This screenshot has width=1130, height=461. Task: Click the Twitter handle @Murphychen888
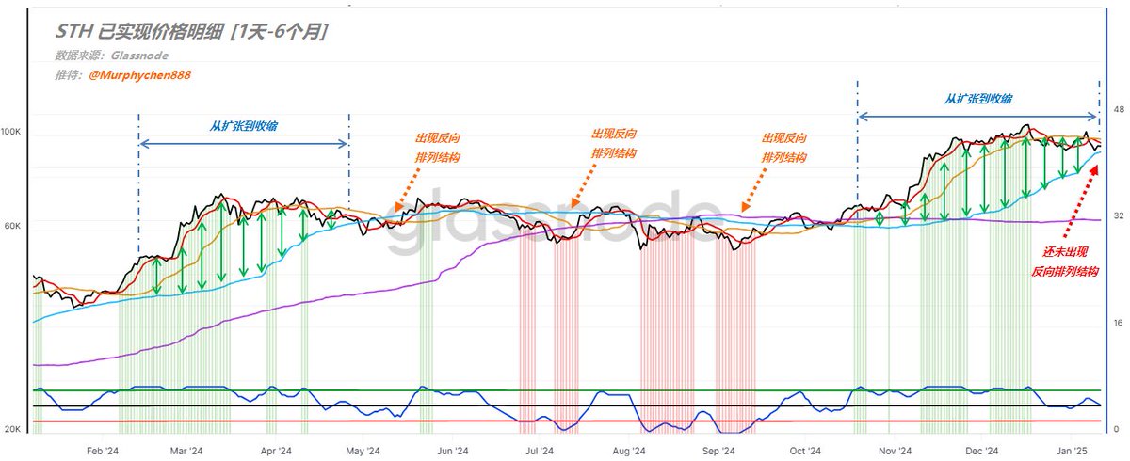(x=141, y=74)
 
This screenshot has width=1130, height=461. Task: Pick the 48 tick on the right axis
(x=1119, y=106)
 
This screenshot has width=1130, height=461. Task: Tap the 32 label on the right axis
(x=1119, y=215)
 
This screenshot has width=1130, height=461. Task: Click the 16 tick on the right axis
(x=1119, y=323)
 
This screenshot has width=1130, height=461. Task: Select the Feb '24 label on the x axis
(x=102, y=451)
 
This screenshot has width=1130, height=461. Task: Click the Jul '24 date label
(x=540, y=451)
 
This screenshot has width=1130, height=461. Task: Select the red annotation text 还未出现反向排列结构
(x=1064, y=262)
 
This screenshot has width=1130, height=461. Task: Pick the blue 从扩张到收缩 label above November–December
(x=979, y=99)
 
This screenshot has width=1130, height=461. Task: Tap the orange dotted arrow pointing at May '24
(x=409, y=187)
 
